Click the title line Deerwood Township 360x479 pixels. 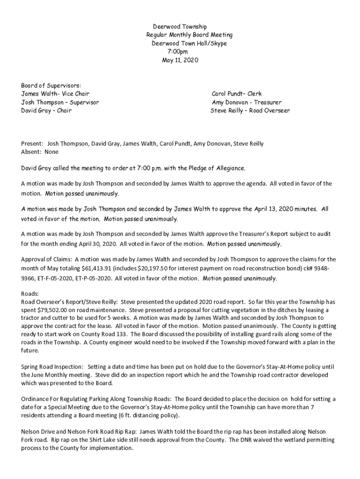[x=180, y=27]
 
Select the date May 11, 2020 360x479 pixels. [x=180, y=60]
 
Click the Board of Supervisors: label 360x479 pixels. [x=51, y=86]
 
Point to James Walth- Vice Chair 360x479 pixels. [x=55, y=94]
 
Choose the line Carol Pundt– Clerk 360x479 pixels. [x=237, y=94]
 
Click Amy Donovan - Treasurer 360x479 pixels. [x=247, y=102]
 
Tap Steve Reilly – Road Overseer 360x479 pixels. [x=250, y=111]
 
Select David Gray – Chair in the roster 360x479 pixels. [x=46, y=111]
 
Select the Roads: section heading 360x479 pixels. [x=30, y=294]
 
